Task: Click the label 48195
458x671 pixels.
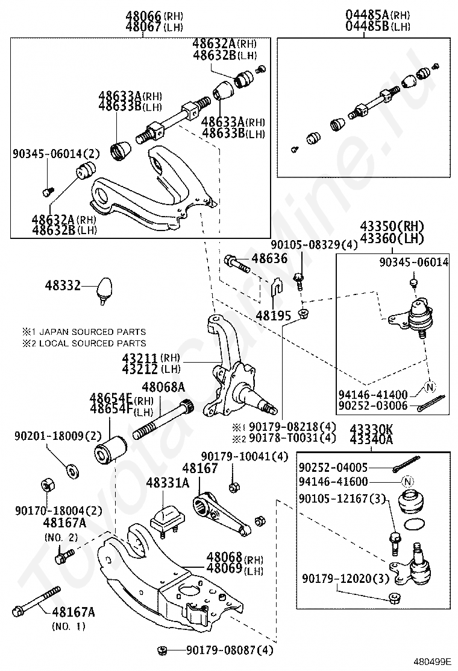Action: coord(273,315)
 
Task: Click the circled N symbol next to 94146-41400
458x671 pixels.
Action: coord(429,387)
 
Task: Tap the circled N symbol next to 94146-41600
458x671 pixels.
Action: coord(408,482)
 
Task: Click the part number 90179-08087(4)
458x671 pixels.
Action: coord(230,650)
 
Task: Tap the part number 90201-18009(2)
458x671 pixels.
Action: coord(58,435)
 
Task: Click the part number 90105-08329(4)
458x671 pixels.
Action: coord(314,244)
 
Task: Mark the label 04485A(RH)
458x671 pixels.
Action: coord(377,14)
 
